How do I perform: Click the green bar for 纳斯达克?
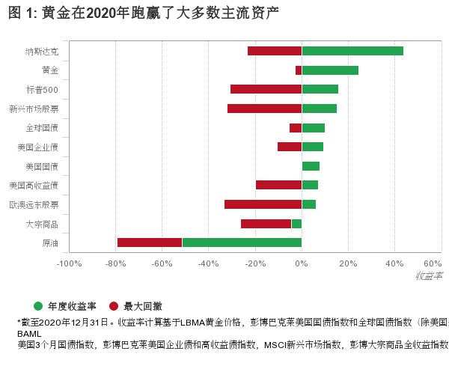pos(352,51)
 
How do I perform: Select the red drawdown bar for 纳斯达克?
pos(274,51)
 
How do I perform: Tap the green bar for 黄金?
pos(330,70)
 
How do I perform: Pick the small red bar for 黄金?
pos(299,70)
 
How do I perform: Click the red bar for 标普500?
pos(266,89)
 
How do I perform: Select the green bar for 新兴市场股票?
pos(319,109)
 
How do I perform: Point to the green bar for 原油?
pos(242,243)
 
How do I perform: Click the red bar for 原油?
pos(150,243)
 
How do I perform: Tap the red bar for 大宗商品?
pos(266,224)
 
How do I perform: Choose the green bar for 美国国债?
pos(311,166)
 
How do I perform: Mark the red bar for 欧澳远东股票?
pos(263,204)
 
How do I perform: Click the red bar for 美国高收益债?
pos(278,185)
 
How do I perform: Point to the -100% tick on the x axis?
pos(69,263)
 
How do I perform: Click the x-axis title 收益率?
pos(429,276)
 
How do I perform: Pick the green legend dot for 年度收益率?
pos(39,306)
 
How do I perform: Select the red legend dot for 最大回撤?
pos(114,306)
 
